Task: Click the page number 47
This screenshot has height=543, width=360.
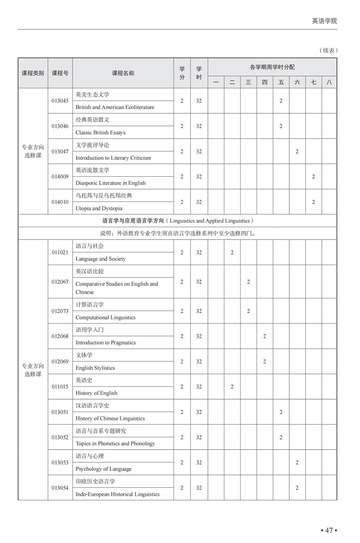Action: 329,530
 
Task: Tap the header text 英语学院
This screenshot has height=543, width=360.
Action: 324,21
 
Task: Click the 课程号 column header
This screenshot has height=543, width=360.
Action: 60,73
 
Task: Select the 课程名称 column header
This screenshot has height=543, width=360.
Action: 123,73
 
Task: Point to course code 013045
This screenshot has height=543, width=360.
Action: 60,101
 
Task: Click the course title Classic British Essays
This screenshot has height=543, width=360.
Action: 100,133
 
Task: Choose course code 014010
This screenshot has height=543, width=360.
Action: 60,202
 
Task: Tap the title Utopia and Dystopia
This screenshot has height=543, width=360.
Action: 99,208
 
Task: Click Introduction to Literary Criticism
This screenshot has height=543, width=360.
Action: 113,158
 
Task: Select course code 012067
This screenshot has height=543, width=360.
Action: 60,282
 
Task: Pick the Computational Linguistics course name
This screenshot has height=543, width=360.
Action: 106,317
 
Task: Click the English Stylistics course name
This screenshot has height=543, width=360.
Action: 95,368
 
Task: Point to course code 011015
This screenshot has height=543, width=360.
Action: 60,387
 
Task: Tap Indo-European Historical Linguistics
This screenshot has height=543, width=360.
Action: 117,494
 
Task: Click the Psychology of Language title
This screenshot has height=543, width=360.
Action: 104,469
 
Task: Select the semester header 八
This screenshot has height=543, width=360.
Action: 329,82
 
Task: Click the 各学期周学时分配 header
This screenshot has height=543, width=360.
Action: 272,67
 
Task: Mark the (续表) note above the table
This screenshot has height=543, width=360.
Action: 328,50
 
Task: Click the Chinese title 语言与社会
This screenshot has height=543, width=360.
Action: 90,246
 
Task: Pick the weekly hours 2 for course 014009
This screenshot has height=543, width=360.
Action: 313,177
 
